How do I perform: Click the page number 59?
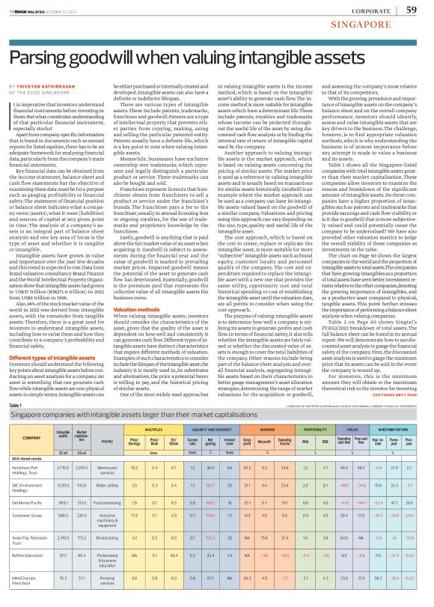[x=412, y=9]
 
